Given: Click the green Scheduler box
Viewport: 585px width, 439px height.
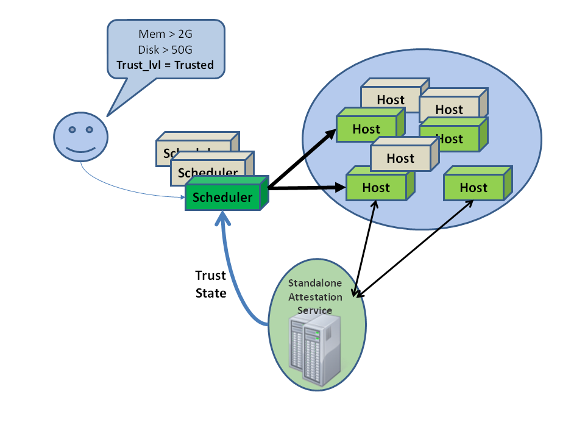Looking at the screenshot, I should click(x=222, y=198).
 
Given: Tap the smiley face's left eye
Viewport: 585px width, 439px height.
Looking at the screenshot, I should click(x=72, y=129).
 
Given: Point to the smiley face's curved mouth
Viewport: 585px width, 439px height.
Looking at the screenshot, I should click(x=81, y=149).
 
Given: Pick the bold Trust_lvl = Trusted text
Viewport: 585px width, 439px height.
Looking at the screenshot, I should click(x=166, y=65).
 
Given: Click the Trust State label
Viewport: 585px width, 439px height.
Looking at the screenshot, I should click(x=211, y=284).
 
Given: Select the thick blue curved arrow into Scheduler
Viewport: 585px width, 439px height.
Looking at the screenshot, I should click(x=235, y=280).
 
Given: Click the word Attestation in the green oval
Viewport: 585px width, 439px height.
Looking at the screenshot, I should click(x=315, y=297).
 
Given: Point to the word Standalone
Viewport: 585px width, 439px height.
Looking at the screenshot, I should click(x=315, y=284).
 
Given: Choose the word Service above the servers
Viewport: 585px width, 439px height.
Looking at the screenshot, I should click(x=315, y=310).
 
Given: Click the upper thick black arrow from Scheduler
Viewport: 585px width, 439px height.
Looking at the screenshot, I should click(x=302, y=159).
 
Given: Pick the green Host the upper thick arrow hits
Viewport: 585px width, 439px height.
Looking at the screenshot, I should click(x=366, y=129).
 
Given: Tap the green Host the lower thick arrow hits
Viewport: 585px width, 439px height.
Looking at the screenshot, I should click(x=376, y=187).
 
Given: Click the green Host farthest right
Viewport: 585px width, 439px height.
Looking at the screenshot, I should click(x=473, y=187).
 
